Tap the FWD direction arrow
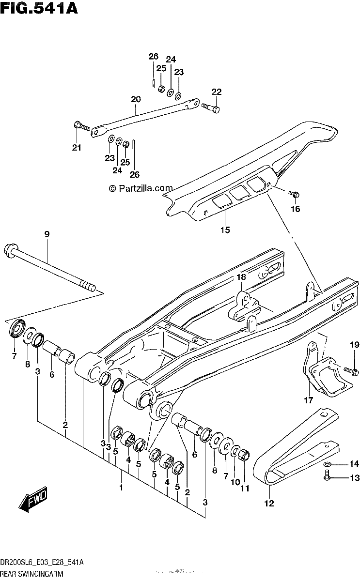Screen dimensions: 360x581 tap(33, 500)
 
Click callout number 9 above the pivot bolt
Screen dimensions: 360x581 tap(47, 234)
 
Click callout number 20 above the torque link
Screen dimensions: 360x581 tap(136, 99)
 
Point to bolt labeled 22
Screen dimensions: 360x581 tap(210, 108)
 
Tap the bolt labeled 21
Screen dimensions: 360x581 tap(82, 126)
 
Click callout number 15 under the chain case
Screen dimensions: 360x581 tap(225, 230)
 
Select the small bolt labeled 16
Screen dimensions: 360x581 tap(294, 194)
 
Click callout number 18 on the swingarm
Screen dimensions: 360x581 tap(241, 277)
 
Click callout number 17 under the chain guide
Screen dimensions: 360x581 tap(309, 400)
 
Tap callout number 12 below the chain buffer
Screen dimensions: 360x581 tap(269, 504)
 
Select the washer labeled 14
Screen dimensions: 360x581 tap(328, 463)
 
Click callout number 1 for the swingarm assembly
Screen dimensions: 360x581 tap(121, 488)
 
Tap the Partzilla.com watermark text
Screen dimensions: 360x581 tap(141, 188)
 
